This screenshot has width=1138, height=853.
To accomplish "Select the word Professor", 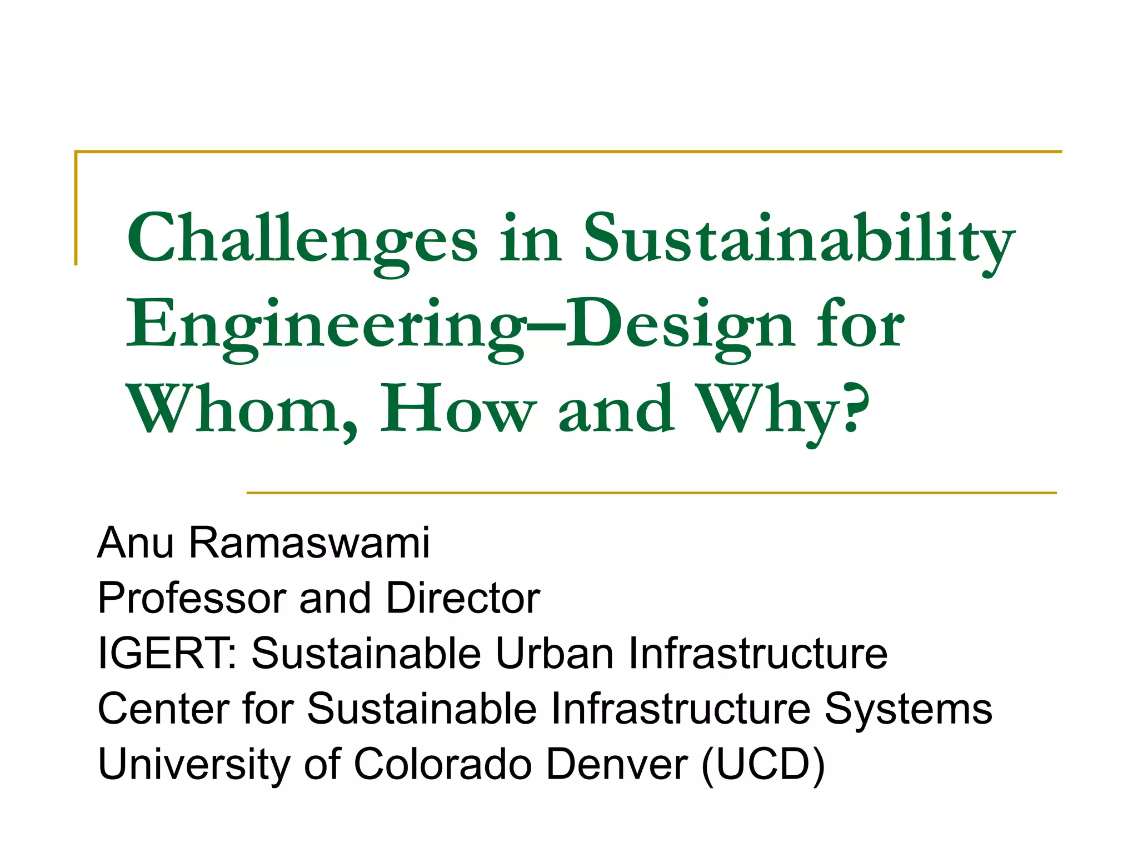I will coord(192,599).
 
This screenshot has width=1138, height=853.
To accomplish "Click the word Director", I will coord(463,599).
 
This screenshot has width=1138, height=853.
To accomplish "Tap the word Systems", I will coord(908,709).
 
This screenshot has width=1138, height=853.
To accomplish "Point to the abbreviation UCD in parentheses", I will coord(763,765).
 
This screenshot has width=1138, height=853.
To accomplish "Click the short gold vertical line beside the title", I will coord(76,208).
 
